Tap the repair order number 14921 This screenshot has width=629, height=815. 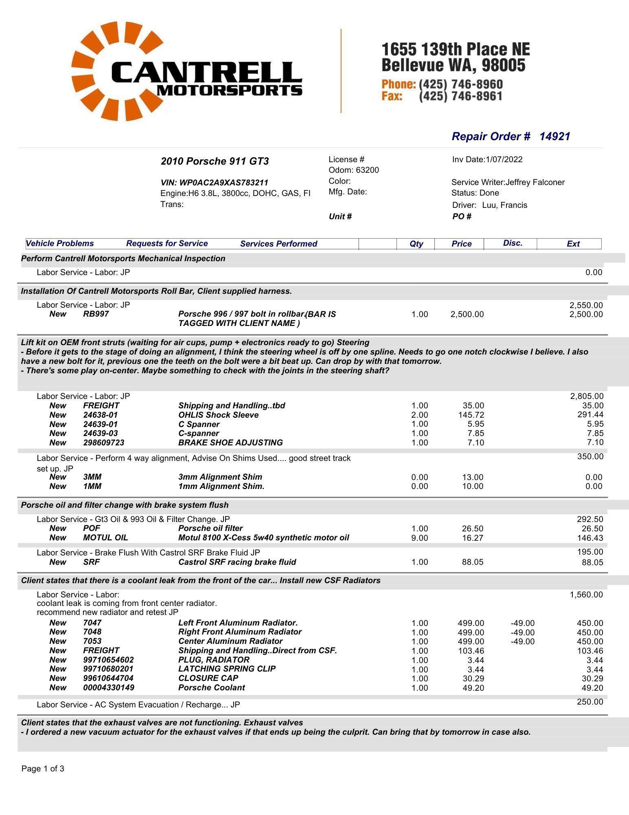[554, 137]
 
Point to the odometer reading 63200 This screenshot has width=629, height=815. [367, 170]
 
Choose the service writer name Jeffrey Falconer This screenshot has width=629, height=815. [535, 182]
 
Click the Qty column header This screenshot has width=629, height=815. [416, 244]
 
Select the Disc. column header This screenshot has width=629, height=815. [512, 243]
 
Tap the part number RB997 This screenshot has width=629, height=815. [96, 314]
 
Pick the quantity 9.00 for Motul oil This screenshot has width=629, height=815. [420, 538]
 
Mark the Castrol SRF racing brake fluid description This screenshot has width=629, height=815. [237, 562]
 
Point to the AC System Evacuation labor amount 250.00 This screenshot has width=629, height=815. [590, 702]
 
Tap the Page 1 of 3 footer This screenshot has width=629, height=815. [43, 769]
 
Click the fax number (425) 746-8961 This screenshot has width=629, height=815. [460, 96]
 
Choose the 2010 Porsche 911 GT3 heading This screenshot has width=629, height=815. [215, 161]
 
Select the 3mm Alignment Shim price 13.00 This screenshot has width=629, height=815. [473, 477]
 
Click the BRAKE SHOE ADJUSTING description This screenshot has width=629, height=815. [230, 443]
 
